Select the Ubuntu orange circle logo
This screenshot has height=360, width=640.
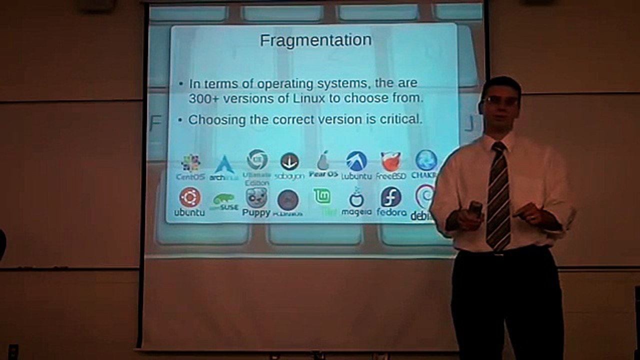(x=190, y=197)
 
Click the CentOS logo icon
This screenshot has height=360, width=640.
(x=190, y=163)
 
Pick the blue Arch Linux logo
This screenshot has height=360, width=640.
(x=224, y=164)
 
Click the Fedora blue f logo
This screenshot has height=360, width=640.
(x=391, y=197)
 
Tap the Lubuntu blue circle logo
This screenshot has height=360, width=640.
(x=356, y=161)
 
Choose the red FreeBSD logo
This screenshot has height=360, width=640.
(x=391, y=161)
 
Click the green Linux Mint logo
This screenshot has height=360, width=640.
(x=322, y=196)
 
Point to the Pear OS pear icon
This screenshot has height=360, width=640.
(x=323, y=160)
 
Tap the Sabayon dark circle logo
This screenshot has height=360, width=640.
(x=289, y=161)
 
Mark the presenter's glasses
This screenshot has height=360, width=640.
(x=501, y=100)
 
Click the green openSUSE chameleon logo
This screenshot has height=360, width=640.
(x=223, y=199)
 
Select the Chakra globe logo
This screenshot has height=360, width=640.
(x=426, y=160)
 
